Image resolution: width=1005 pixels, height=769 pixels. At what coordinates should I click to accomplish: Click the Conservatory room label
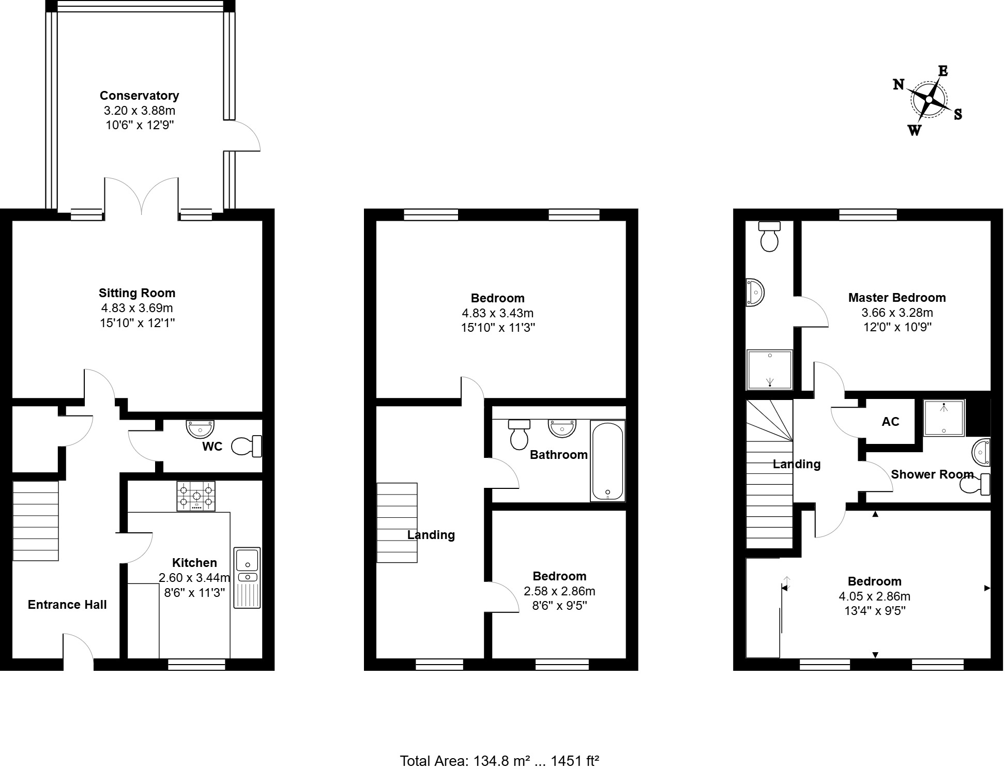[139, 96]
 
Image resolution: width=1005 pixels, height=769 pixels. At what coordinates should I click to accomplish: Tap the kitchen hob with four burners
[196, 496]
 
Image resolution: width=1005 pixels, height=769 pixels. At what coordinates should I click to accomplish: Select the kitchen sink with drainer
[247, 577]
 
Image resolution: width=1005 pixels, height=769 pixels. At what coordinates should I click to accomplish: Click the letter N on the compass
[899, 84]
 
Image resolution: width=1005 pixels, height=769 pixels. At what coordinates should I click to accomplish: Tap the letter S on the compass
[957, 114]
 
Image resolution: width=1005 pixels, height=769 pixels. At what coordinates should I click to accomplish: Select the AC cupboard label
[890, 422]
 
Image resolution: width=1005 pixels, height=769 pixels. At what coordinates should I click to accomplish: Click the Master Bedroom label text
[897, 298]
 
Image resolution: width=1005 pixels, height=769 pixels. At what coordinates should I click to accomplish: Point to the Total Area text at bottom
[499, 761]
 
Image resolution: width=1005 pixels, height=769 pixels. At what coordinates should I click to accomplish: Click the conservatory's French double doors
[142, 196]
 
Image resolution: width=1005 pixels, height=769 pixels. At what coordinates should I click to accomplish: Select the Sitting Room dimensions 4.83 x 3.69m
[137, 308]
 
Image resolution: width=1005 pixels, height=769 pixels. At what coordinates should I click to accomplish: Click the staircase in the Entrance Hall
[36, 521]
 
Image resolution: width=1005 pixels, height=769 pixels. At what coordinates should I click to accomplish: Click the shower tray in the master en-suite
[769, 370]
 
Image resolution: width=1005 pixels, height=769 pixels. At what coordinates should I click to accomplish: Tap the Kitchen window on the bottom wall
[197, 665]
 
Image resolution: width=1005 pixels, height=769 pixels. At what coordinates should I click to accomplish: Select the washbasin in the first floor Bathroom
[562, 428]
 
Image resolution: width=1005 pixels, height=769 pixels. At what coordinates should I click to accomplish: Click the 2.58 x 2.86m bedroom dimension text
[559, 591]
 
